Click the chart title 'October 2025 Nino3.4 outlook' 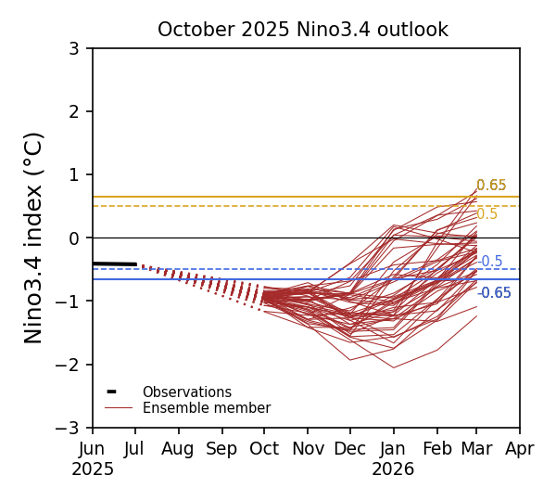(x=302, y=31)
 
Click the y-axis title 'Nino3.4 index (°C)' (x=34, y=238)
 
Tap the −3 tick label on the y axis (x=70, y=428)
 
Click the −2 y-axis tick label (x=70, y=365)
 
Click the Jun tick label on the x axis (x=93, y=449)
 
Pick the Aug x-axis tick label (x=178, y=449)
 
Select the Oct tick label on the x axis (x=264, y=449)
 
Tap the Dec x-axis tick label (x=349, y=449)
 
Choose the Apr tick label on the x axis (x=520, y=449)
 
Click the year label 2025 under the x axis (x=93, y=469)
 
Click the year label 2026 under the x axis (x=393, y=469)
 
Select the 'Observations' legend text (x=186, y=392)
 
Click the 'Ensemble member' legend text (x=206, y=408)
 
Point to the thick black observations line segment (x=114, y=264)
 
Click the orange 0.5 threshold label (x=487, y=214)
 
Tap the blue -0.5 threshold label (x=490, y=262)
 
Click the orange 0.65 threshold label (x=491, y=186)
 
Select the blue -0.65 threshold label (x=494, y=293)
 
